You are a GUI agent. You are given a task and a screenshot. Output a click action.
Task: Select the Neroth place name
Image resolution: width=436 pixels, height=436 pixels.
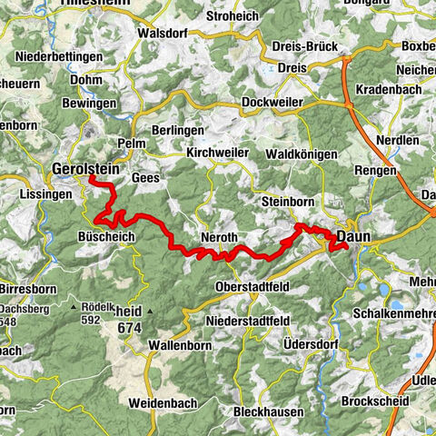(x=219, y=237)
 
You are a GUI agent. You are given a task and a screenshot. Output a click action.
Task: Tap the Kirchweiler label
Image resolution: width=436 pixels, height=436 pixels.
(x=217, y=153)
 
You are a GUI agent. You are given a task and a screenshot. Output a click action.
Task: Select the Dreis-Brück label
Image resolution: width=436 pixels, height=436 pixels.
(x=304, y=46)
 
